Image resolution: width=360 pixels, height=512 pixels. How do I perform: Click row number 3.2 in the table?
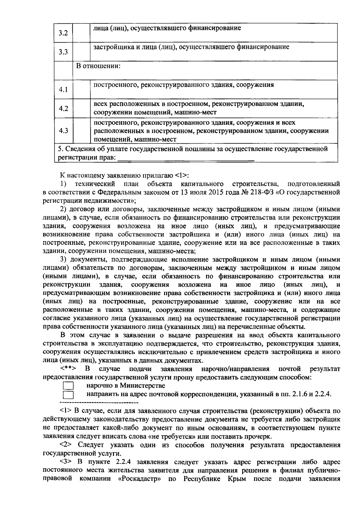(63, 33)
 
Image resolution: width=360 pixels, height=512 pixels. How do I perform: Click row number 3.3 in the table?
(63, 52)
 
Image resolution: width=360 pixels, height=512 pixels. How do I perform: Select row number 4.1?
(63, 90)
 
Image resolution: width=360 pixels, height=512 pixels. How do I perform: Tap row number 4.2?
(63, 109)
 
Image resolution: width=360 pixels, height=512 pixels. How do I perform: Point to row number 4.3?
(63, 131)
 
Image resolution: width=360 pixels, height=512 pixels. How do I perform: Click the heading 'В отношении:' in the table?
(98, 66)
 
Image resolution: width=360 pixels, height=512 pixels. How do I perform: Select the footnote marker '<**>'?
(68, 369)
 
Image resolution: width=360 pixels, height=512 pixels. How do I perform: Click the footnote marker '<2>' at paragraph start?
(67, 445)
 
